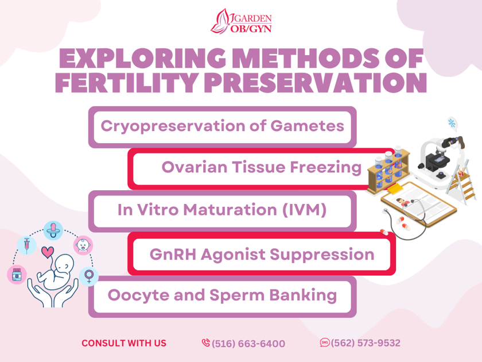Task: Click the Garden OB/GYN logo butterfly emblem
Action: (221, 22)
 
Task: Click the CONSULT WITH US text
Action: (124, 343)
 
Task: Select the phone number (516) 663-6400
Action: (248, 344)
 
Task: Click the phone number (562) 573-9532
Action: (366, 343)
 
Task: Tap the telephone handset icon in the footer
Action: (205, 343)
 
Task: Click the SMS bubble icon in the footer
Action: (325, 343)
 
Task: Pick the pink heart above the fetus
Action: (48, 251)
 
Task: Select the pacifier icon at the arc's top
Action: (53, 229)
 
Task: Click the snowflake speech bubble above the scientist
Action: (452, 123)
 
